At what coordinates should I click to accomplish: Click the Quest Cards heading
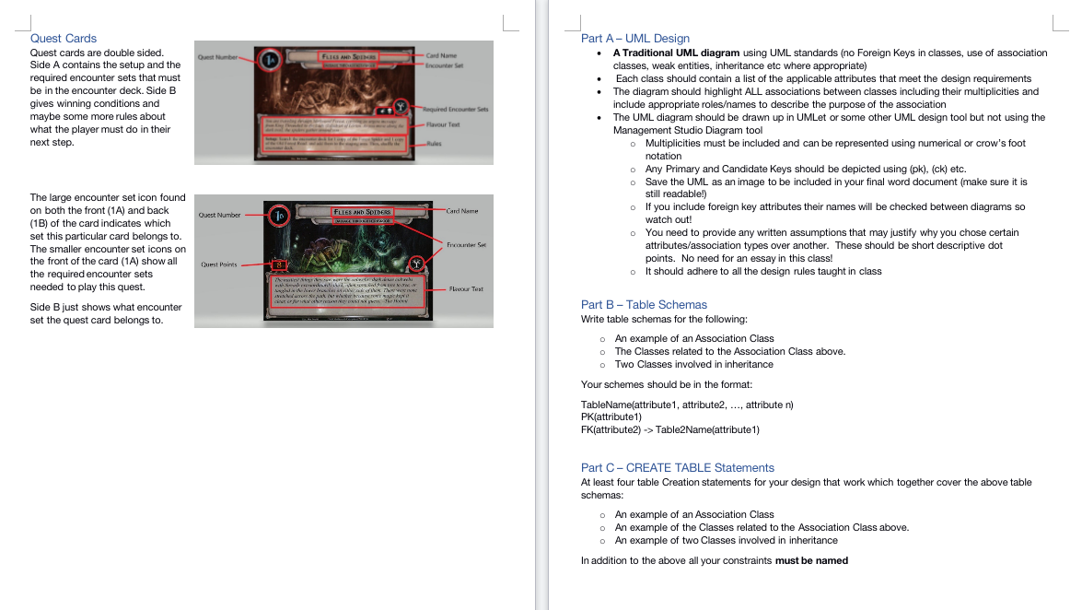63,38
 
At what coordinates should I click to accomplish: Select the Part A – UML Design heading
634,38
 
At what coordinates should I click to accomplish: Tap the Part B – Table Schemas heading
644,304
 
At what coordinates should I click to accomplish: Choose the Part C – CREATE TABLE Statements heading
677,467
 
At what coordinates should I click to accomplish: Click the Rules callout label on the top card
436,144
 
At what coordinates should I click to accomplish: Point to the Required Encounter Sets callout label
455,109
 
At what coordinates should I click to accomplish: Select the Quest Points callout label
219,264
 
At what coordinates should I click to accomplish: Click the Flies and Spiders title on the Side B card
362,212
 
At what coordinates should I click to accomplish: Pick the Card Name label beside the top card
441,55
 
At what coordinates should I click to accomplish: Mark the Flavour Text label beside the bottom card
466,289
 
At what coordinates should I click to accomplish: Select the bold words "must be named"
811,560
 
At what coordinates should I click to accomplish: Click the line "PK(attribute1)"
611,416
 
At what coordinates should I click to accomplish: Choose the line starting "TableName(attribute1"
687,405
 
